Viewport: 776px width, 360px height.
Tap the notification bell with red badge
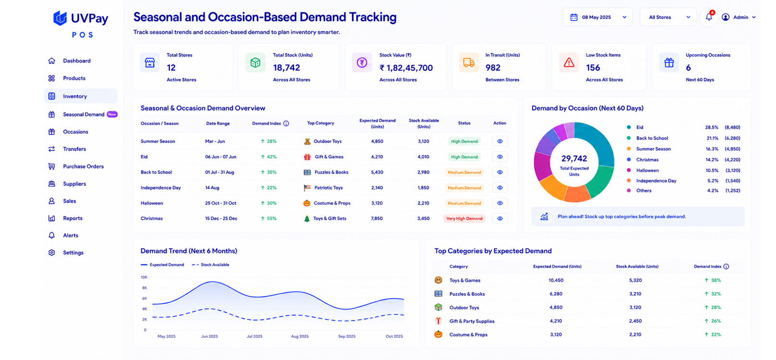[709, 17]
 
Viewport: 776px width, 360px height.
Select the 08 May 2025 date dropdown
[597, 17]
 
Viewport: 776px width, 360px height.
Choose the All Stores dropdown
[667, 17]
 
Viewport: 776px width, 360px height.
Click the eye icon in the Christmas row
[499, 218]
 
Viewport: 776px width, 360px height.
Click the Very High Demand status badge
[464, 218]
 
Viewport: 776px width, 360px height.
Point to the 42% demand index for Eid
[268, 157]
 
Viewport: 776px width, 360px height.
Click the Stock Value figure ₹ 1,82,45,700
[406, 68]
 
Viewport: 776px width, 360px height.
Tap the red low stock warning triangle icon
[569, 63]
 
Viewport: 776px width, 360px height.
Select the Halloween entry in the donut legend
[647, 170]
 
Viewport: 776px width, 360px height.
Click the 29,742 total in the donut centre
[574, 158]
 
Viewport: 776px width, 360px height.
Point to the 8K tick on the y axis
[145, 288]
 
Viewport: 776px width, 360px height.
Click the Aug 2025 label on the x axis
[300, 336]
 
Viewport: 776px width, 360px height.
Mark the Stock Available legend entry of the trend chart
[211, 265]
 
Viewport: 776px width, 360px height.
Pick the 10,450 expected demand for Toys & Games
[556, 280]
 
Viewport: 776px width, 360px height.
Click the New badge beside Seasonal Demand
[112, 114]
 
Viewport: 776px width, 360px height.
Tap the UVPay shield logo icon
[60, 18]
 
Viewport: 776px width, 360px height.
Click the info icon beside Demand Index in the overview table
[286, 123]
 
